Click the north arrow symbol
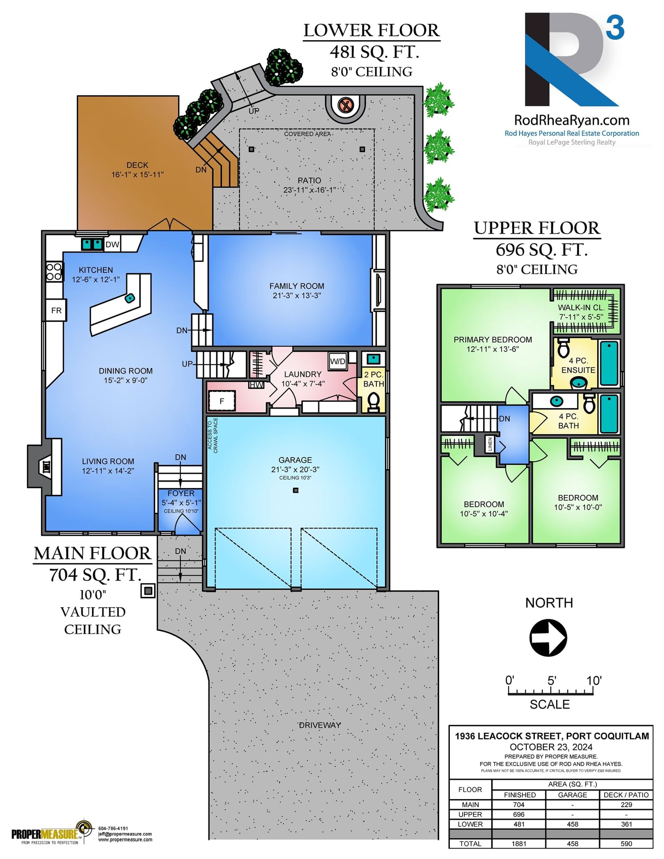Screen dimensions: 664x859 548,638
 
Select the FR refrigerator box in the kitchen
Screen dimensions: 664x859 56,310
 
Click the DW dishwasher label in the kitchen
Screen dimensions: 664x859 112,245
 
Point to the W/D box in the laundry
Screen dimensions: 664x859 338,361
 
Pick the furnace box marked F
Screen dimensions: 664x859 222,401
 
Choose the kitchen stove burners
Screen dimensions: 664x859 54,272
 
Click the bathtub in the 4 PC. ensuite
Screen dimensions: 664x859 609,363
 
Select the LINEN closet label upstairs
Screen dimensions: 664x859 490,444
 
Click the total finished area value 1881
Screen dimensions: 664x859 519,844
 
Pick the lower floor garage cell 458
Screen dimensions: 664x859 572,824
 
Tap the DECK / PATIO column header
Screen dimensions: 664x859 626,795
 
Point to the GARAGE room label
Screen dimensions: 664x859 295,460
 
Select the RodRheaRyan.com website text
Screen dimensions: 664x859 572,120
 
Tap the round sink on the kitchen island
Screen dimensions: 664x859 130,298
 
